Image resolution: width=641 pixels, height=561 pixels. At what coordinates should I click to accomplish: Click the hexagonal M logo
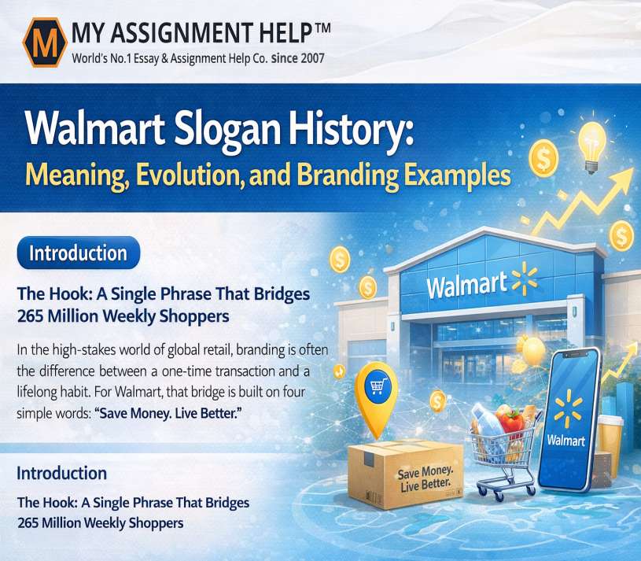(x=45, y=42)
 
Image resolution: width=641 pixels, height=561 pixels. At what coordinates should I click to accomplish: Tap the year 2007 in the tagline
(x=312, y=58)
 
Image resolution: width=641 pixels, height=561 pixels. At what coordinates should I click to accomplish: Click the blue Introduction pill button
(x=79, y=253)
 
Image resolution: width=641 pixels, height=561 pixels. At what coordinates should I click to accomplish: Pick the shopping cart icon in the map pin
(x=378, y=386)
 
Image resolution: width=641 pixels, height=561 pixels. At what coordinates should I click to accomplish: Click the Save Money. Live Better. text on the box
(x=425, y=478)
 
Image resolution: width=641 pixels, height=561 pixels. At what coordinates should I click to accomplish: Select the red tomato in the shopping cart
(x=511, y=421)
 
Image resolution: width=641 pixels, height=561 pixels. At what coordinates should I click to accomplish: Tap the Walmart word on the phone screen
(x=565, y=440)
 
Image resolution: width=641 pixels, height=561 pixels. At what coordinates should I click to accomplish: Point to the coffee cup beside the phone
(x=610, y=445)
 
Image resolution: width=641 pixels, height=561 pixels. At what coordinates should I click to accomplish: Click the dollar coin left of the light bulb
(x=543, y=158)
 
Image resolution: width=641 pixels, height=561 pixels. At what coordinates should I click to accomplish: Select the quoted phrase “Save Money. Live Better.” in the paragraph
(x=168, y=413)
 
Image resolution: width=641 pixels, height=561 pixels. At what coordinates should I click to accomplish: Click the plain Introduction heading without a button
(x=61, y=473)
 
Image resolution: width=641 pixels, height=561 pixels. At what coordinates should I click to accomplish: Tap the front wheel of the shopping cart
(x=499, y=495)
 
